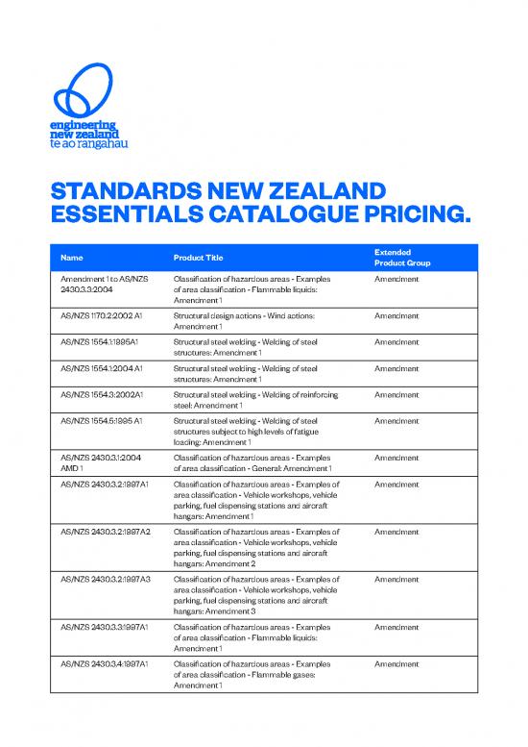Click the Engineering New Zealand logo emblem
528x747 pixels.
(87, 91)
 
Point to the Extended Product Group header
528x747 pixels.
(402, 257)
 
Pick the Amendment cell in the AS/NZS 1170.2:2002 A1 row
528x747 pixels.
(396, 315)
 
